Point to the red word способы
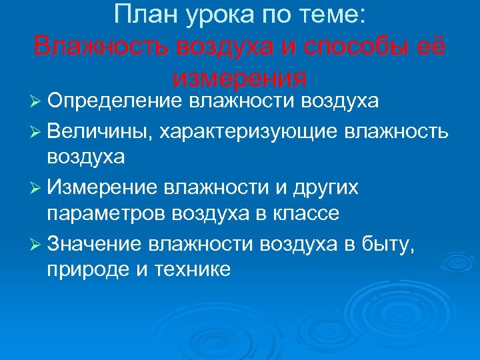[357, 47]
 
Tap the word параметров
[107, 214]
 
